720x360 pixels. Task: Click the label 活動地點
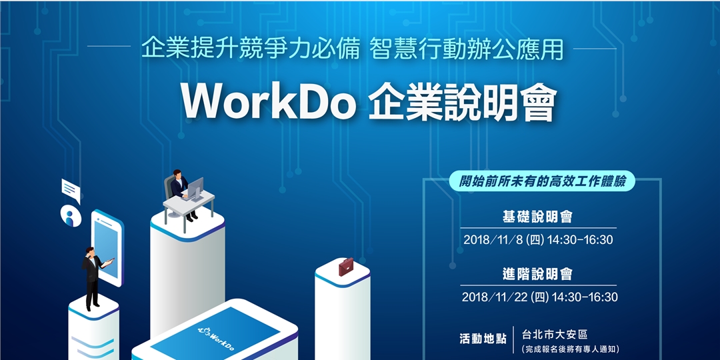pos(483,338)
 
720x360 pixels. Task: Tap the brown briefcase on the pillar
pos(346,268)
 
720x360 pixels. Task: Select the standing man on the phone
pos(92,277)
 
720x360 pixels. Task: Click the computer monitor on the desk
pos(195,189)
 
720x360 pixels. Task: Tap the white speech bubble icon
pos(71,191)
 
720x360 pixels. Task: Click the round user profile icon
pos(70,215)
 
